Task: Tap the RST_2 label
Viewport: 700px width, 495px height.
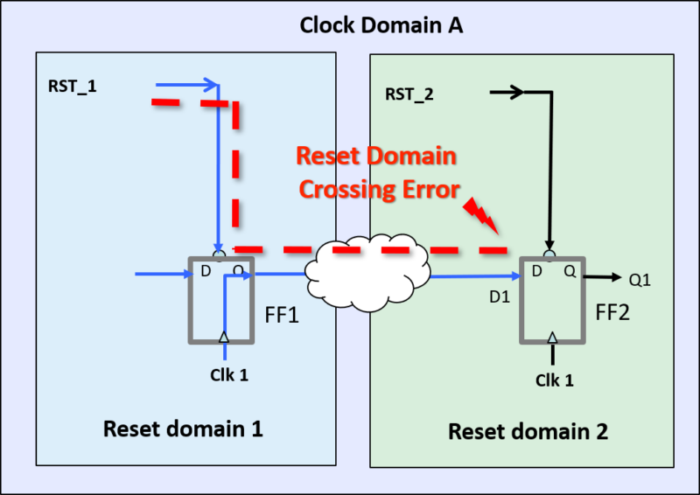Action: coord(409,94)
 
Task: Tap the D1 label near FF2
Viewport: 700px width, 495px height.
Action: coord(498,297)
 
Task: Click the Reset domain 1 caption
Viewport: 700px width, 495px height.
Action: coord(183,429)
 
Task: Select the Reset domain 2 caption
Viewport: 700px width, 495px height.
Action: coord(528,431)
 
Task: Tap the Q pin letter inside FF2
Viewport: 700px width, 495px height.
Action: coord(569,272)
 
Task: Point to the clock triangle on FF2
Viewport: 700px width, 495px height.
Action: coord(551,337)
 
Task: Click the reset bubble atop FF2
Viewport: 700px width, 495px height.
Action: coord(549,254)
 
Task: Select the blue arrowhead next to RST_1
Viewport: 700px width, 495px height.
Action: coord(210,85)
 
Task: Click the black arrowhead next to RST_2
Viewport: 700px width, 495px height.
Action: coord(517,92)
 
